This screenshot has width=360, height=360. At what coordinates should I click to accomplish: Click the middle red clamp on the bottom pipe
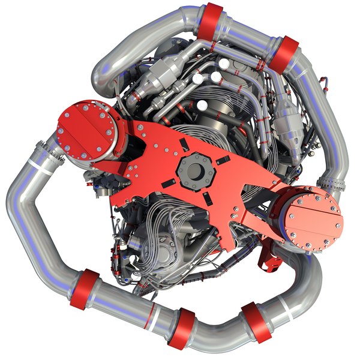(180, 329)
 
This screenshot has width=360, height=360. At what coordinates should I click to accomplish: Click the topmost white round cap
(224, 62)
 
